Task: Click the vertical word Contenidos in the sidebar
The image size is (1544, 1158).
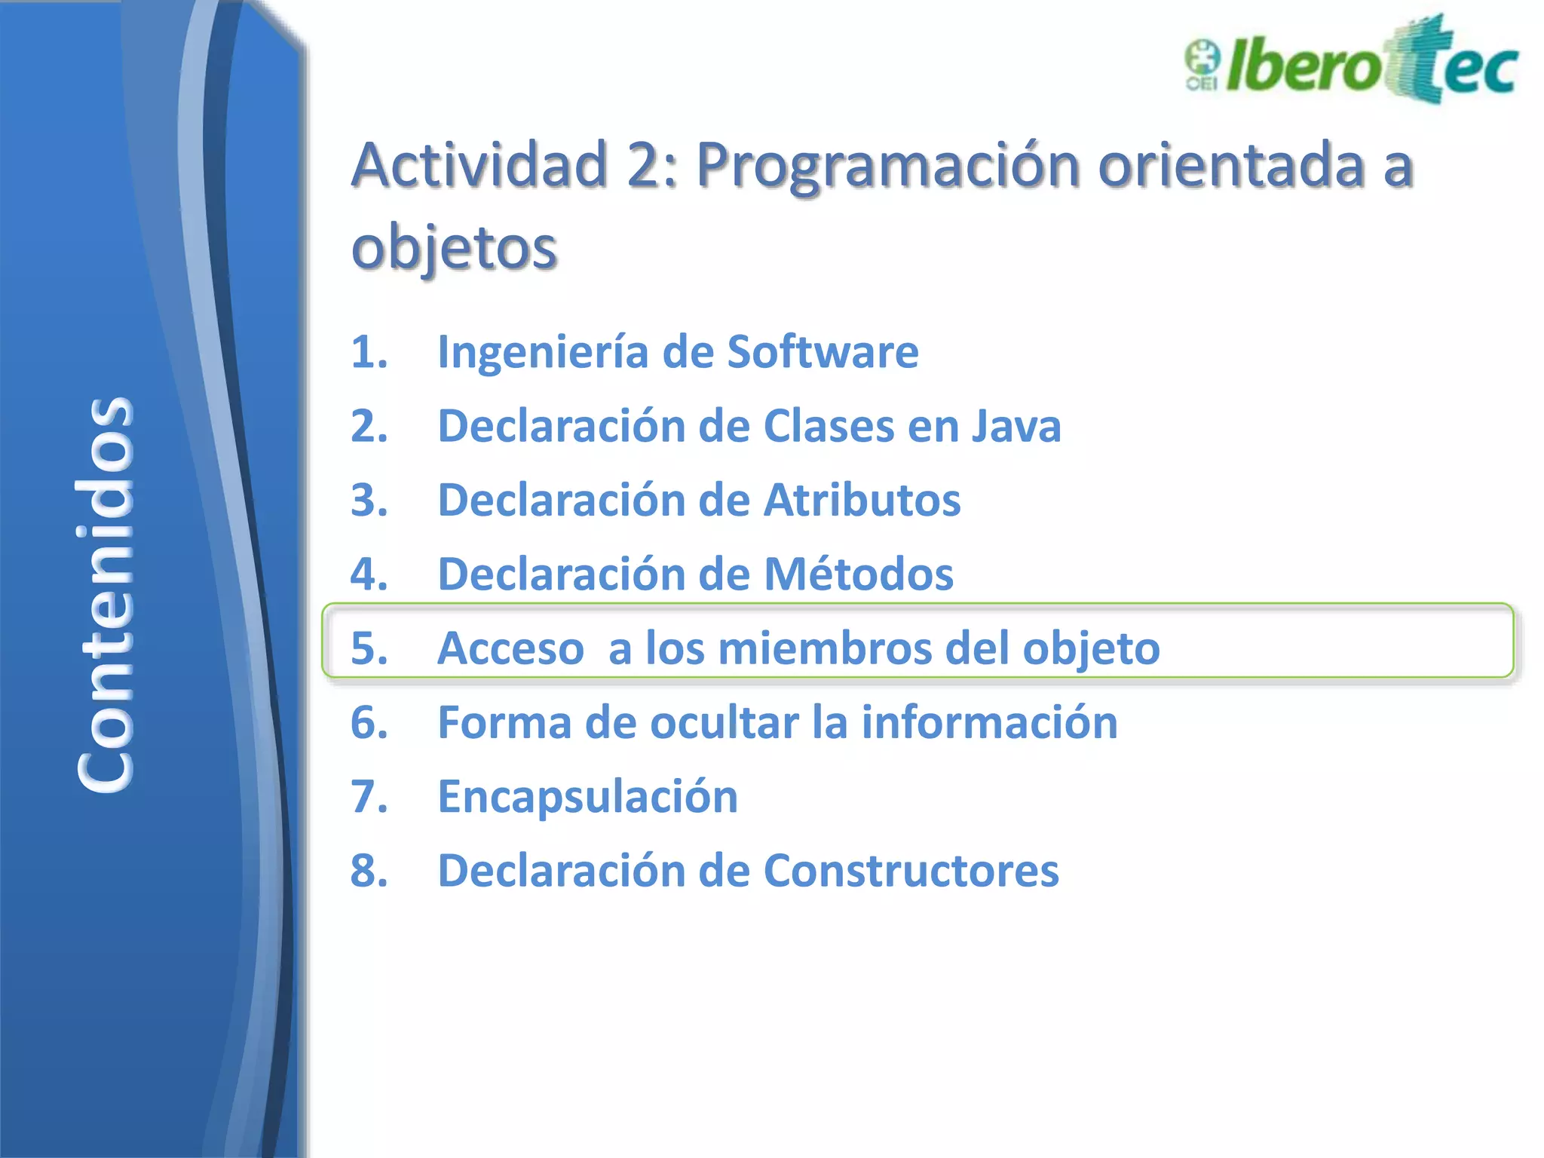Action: [x=106, y=594]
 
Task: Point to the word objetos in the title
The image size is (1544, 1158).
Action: [x=454, y=249]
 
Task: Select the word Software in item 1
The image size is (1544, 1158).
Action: [x=823, y=352]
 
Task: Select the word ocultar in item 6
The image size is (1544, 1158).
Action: [x=724, y=722]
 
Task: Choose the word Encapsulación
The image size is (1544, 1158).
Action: [x=587, y=797]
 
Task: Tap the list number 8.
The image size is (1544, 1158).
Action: [x=369, y=871]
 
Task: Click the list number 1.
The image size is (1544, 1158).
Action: [x=369, y=352]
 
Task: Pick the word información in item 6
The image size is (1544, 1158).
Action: [x=989, y=722]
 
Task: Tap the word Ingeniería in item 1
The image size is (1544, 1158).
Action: [x=542, y=352]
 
